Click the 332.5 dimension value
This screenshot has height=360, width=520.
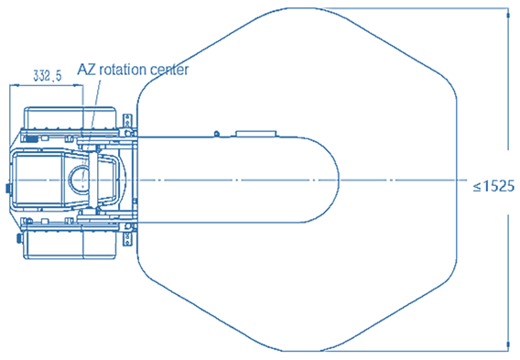pos(48,76)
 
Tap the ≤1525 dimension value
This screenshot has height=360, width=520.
pos(493,186)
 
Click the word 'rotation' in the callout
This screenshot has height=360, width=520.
pos(123,70)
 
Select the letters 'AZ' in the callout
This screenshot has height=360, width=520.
pos(87,70)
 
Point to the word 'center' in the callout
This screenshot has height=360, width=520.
pos(169,70)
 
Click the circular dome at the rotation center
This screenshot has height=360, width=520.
pos(79,179)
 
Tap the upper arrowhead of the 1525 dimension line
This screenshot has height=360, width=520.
pos(508,16)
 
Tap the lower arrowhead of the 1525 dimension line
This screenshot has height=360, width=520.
pos(508,344)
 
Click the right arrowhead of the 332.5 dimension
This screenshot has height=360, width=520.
pos(78,85)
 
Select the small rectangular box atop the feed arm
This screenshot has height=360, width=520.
pos(255,134)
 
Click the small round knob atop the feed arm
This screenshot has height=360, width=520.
pos(217,134)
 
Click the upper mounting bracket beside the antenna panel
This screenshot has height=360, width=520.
pos(127,125)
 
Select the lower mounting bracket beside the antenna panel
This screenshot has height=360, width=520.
pos(127,235)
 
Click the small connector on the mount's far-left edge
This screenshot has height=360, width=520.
pos(8,188)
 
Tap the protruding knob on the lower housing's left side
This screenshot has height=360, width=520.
pos(19,238)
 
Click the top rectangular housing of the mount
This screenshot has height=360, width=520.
pos(70,118)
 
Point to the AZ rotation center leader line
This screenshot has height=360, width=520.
pos(91,127)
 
